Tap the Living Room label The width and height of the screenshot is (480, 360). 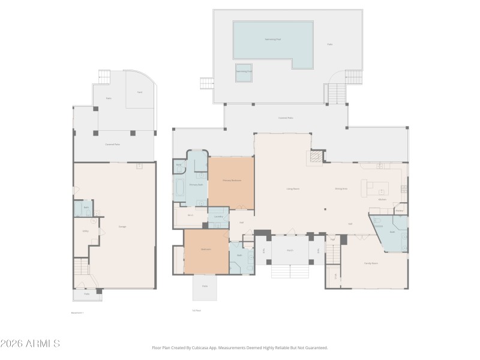(293, 189)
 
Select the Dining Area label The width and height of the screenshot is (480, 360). (341, 189)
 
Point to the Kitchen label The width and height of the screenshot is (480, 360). (382, 199)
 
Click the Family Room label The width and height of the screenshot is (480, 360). (371, 263)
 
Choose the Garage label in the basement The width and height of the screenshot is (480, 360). (122, 226)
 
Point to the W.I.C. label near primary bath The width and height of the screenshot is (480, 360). (190, 215)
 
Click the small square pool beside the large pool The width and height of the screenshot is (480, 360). (243, 71)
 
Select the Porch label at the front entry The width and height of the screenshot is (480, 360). (290, 250)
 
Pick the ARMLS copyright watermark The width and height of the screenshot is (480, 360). (30, 344)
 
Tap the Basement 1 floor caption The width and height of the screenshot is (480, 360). (77, 313)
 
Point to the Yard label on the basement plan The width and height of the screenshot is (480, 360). (140, 92)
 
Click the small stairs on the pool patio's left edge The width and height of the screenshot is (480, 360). (207, 83)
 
